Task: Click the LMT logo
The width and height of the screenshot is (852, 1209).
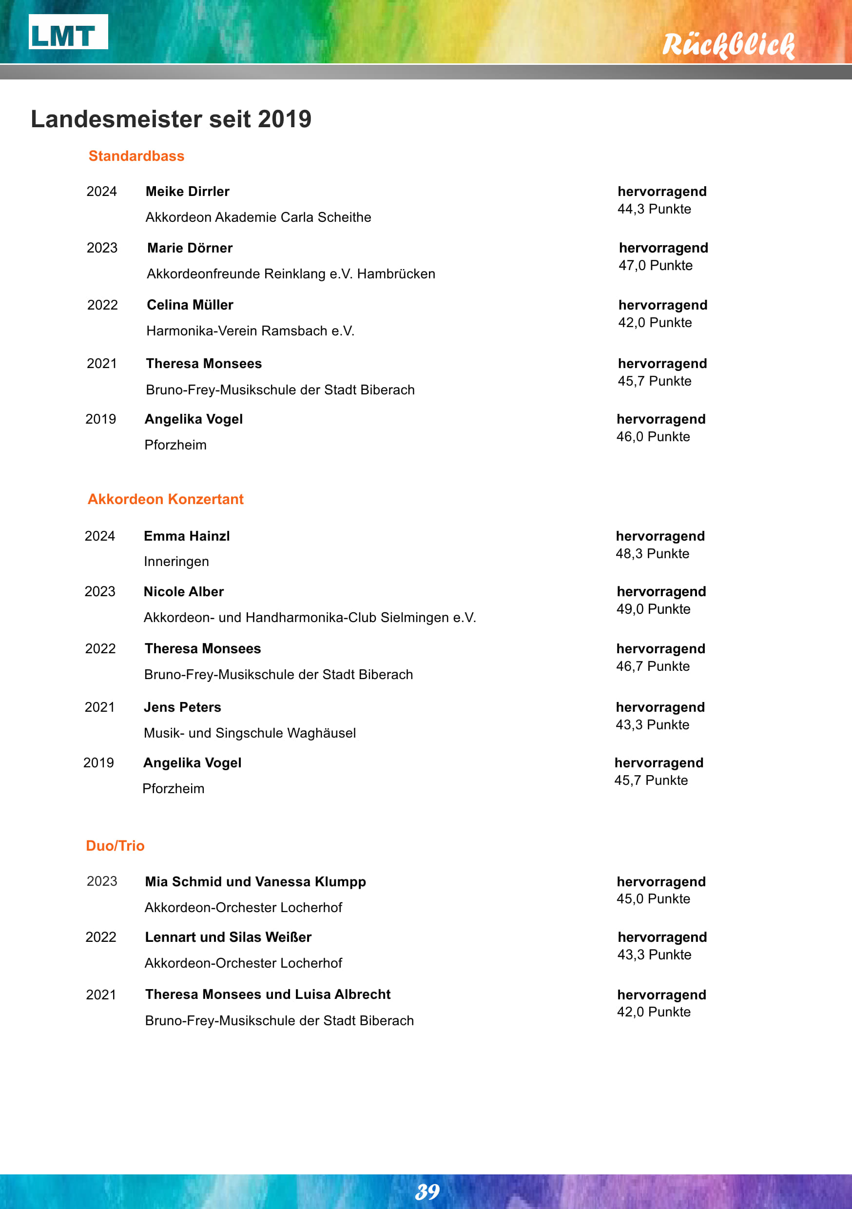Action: click(68, 32)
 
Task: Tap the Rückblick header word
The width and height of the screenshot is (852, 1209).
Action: click(728, 45)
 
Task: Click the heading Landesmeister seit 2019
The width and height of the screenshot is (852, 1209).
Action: click(171, 119)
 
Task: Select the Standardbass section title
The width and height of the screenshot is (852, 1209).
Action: click(136, 156)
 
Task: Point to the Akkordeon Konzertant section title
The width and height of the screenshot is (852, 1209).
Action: click(165, 499)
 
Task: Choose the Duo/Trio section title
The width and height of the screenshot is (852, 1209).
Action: click(115, 845)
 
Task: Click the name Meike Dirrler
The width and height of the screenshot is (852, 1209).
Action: click(188, 191)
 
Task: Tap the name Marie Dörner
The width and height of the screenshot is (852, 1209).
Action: click(190, 248)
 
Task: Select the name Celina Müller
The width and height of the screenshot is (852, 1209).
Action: click(190, 305)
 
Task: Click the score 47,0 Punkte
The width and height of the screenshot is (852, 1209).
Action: click(655, 265)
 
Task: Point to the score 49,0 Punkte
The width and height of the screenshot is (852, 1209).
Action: click(653, 609)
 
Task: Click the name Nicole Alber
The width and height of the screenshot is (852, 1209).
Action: click(183, 591)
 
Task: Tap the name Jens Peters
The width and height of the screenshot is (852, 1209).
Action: click(182, 707)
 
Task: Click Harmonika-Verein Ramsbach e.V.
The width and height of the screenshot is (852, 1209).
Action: click(250, 331)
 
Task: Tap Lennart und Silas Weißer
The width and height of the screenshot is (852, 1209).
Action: click(228, 937)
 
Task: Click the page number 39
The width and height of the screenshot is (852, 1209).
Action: click(427, 1191)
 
